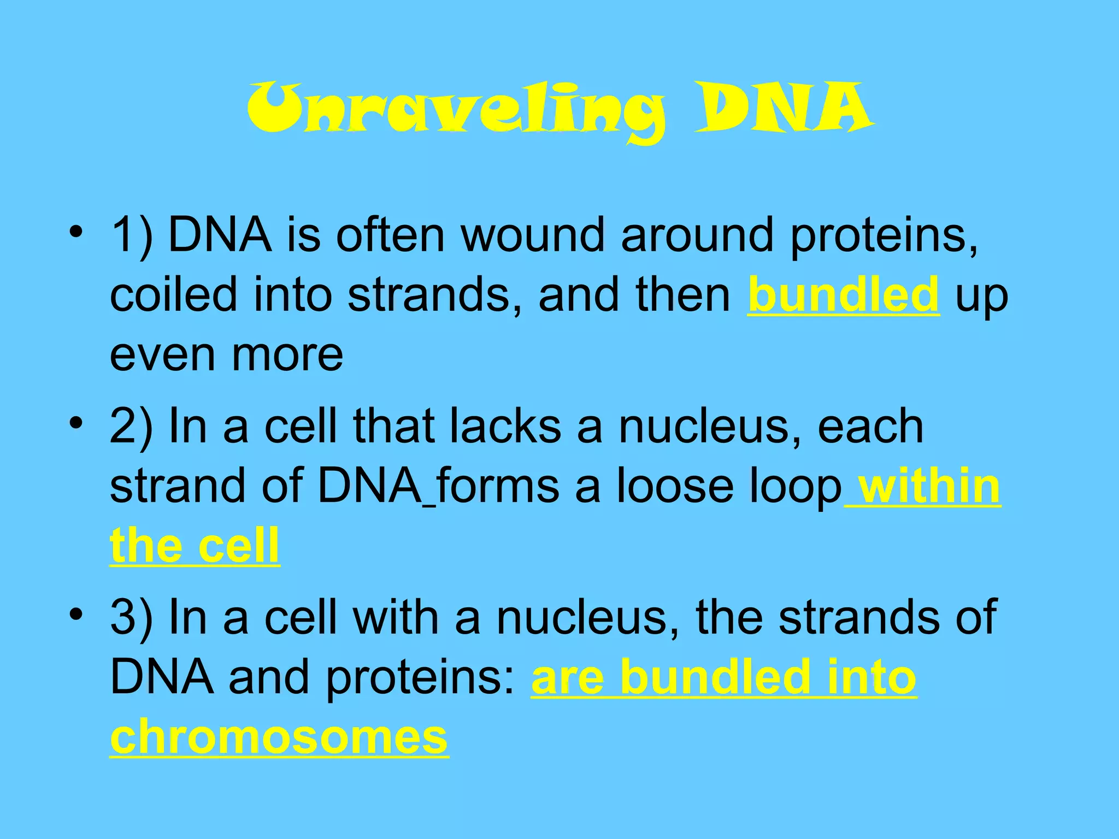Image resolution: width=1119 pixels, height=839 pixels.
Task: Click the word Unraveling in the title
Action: [x=456, y=109]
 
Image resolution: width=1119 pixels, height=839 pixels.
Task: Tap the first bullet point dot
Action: [x=76, y=232]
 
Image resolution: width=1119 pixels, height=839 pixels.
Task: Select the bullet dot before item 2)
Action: [x=76, y=423]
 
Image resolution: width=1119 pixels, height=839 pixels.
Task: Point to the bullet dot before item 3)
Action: [x=76, y=615]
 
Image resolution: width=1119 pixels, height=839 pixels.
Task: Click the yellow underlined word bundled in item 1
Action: [x=843, y=294]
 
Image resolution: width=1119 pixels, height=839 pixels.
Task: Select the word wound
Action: [x=533, y=235]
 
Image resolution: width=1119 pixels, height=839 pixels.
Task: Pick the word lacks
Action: [x=505, y=426]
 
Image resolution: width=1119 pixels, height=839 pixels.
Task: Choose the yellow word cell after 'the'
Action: [x=238, y=546]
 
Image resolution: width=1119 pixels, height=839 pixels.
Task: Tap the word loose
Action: [x=675, y=486]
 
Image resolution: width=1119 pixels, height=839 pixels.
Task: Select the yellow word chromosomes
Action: [x=279, y=737]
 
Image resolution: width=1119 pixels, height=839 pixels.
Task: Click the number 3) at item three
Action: [x=132, y=618]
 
